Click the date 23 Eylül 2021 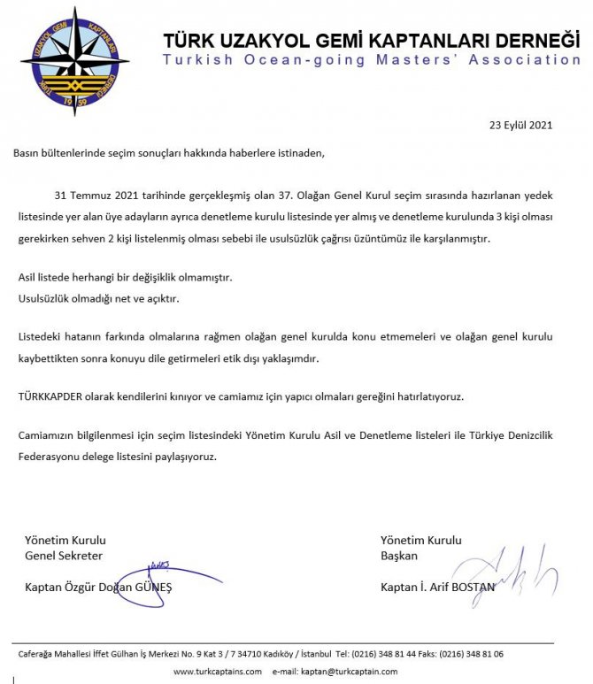(521, 125)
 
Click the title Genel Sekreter (64, 555)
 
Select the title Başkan (398, 555)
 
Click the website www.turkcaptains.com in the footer (217, 672)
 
